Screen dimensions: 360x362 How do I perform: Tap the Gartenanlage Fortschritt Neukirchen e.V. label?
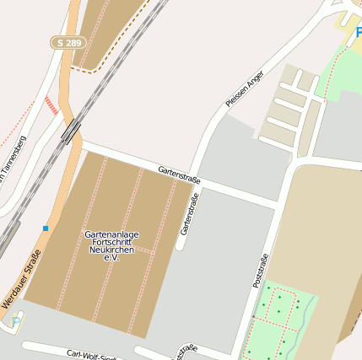[x=111, y=244]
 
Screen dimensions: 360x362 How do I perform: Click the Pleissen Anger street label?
[x=245, y=89]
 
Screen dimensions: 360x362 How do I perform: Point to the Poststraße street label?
[x=261, y=271]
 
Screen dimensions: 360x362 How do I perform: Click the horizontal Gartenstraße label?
[x=179, y=175]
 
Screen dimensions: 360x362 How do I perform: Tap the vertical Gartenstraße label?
[x=189, y=214]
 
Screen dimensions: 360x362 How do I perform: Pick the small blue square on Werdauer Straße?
[x=46, y=228]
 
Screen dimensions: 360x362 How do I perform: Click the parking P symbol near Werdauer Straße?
[x=15, y=321]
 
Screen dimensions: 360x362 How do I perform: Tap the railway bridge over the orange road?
[x=72, y=130]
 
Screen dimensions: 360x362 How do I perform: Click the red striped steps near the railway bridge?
[x=53, y=105]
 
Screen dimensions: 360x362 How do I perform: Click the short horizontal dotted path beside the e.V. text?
[x=143, y=250]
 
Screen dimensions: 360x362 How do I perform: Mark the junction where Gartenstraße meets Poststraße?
[x=279, y=204]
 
